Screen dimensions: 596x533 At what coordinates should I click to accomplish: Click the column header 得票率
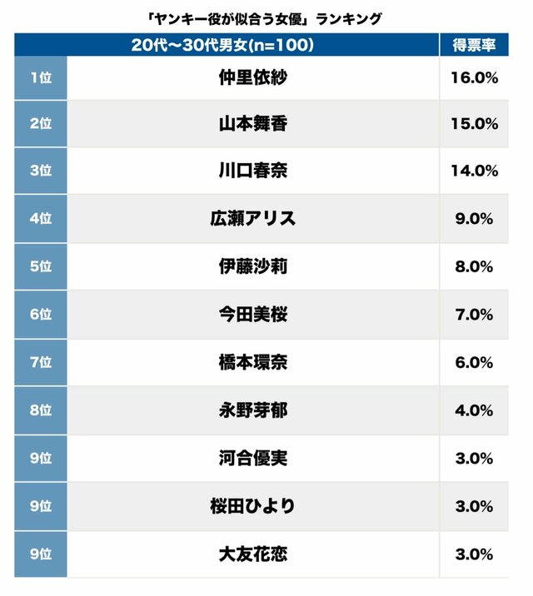(x=474, y=45)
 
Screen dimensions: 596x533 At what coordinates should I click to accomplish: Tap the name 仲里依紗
(x=252, y=78)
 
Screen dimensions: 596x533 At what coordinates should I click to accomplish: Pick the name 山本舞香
(x=252, y=124)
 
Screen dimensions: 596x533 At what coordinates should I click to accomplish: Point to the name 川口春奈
(x=252, y=171)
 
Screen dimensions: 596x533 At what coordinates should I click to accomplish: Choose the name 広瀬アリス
(x=252, y=219)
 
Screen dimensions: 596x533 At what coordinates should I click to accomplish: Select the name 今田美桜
(x=252, y=315)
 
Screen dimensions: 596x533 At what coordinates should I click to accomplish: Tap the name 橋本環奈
(x=252, y=363)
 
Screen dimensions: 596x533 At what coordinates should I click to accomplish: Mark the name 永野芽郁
(x=252, y=410)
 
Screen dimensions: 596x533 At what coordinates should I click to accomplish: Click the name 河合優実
(x=252, y=458)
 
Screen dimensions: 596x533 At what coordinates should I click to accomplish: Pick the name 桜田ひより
(x=252, y=506)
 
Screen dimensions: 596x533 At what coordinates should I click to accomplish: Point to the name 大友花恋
(x=252, y=554)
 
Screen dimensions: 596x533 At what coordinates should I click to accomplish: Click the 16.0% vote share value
(x=474, y=78)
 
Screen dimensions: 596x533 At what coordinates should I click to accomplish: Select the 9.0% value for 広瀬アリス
(x=474, y=219)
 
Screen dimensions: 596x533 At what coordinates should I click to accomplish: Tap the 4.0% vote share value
(x=474, y=410)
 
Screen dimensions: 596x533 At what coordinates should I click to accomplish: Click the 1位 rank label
(x=40, y=78)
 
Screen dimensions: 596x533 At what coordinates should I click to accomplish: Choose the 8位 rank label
(x=40, y=410)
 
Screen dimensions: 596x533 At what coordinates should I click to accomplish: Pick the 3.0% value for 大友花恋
(x=474, y=554)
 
